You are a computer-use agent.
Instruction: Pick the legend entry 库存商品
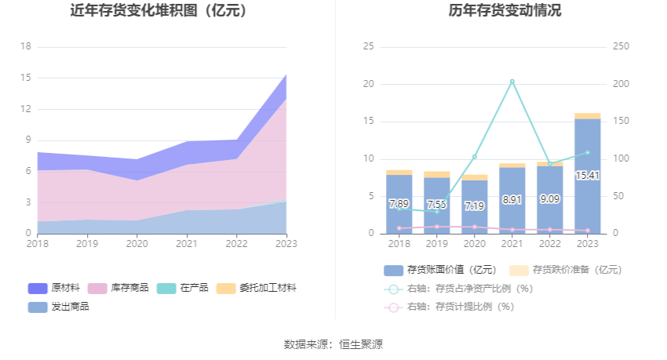pos(118,288)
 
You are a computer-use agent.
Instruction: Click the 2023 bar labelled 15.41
pos(587,176)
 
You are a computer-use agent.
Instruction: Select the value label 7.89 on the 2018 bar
pos(399,204)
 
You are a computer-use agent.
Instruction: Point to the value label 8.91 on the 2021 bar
pos(512,200)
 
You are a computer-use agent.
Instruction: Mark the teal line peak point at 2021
pos(512,82)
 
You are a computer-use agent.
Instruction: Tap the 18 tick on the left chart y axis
pos(25,46)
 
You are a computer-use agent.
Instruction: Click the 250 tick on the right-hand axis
pos(621,46)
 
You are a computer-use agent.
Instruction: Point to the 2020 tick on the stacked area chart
pos(137,244)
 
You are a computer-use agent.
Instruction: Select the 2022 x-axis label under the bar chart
pos(549,244)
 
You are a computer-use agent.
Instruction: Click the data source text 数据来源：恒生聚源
pos(333,344)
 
